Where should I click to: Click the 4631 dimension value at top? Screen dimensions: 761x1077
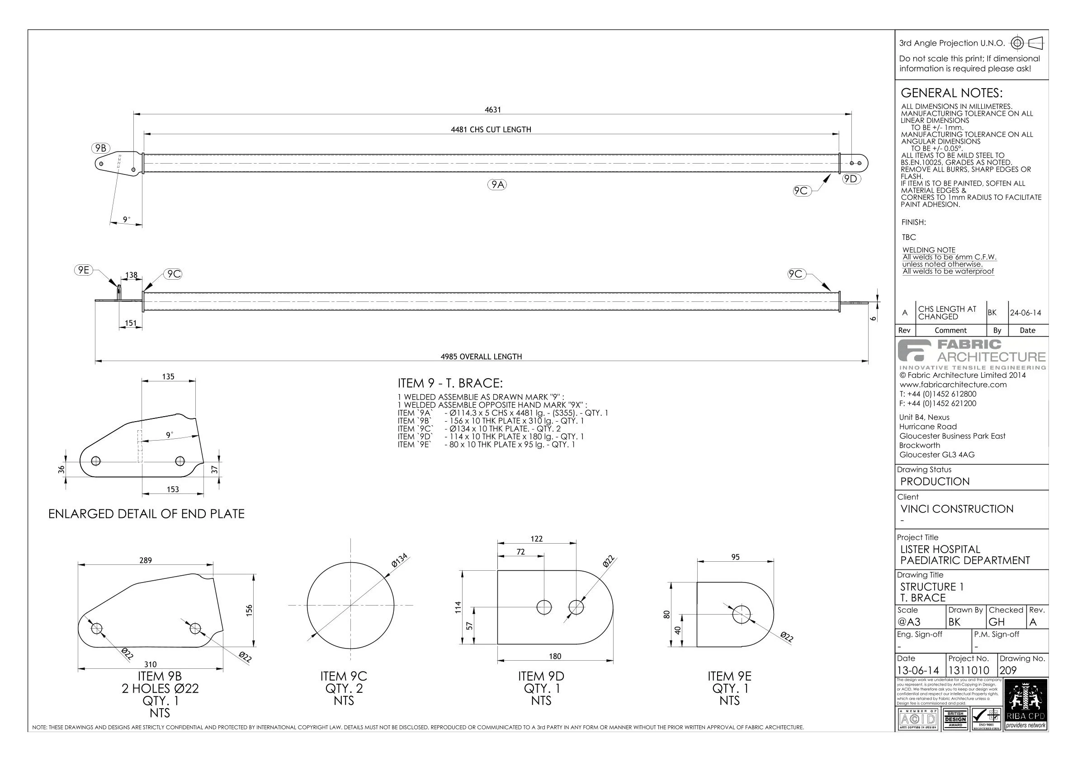click(492, 110)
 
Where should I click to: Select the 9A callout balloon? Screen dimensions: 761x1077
click(497, 185)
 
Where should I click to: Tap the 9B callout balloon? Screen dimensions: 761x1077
click(100, 148)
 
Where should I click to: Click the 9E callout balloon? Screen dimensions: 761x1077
click(84, 270)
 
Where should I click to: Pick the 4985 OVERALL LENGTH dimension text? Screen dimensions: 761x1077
click(481, 357)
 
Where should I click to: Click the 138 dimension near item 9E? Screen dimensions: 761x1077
click(131, 276)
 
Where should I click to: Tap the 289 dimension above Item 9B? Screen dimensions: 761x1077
click(146, 560)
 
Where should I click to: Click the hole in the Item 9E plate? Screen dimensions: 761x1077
click(741, 614)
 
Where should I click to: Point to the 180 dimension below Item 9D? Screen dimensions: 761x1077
click(555, 657)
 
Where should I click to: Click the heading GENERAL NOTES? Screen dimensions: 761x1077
click(951, 93)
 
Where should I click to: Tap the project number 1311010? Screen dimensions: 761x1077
click(968, 671)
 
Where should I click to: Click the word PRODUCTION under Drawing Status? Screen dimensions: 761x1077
click(935, 482)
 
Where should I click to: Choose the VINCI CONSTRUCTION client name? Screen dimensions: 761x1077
click(956, 509)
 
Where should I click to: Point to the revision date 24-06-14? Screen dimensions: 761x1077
click(1025, 313)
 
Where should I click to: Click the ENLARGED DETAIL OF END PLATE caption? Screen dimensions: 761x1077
click(146, 514)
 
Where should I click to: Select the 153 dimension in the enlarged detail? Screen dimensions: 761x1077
click(173, 489)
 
